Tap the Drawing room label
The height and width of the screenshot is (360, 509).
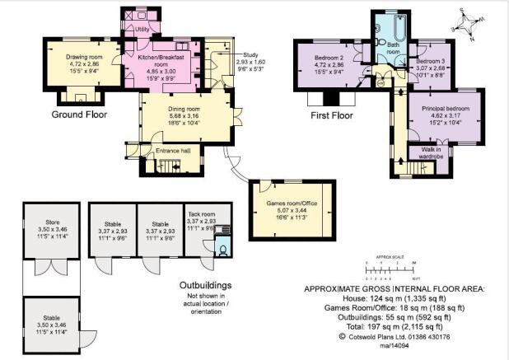tap(82, 56)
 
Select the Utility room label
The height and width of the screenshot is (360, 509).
tap(142, 29)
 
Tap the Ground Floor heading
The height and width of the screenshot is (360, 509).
tap(82, 115)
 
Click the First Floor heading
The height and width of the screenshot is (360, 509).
tap(331, 115)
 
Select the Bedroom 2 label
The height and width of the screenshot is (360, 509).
tap(329, 58)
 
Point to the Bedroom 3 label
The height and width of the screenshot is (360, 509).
tap(431, 62)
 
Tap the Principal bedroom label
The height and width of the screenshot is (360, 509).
tap(444, 109)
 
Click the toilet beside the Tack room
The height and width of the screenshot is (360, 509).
tap(221, 246)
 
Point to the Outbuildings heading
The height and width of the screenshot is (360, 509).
tap(205, 285)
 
